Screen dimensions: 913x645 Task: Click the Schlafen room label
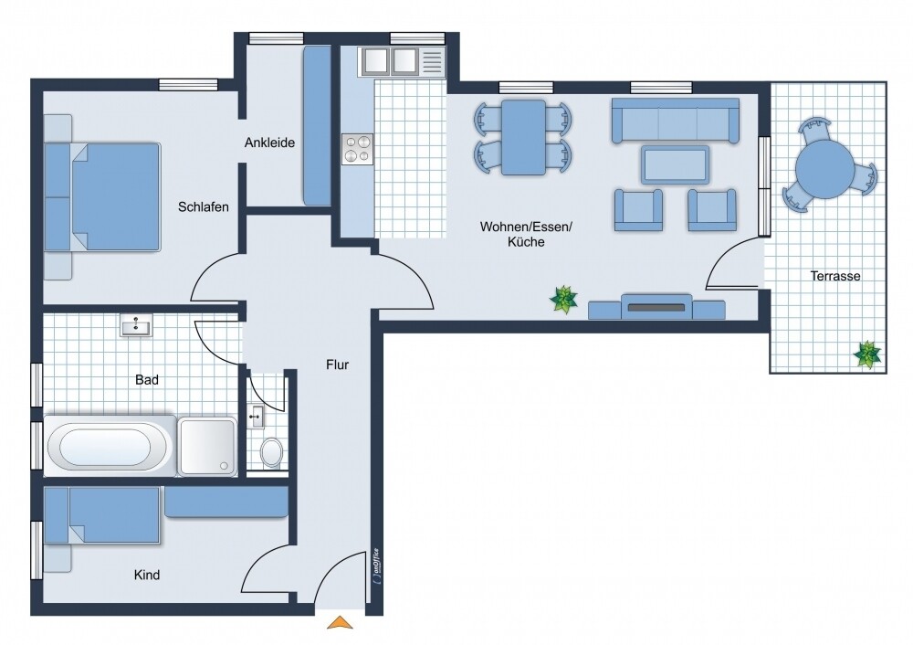[204, 206]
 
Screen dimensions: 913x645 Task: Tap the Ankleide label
[269, 143]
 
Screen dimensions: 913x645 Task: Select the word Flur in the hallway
[337, 365]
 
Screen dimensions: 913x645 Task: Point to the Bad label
[147, 380]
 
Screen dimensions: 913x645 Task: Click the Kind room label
[147, 575]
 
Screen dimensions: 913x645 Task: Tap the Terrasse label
[835, 276]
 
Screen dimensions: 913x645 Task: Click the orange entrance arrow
[340, 622]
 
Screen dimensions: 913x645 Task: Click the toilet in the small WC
[271, 452]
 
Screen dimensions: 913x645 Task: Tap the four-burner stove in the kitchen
[358, 149]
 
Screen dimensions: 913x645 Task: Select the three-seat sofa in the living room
[675, 121]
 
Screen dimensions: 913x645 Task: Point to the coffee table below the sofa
[676, 164]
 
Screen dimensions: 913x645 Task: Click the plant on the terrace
[867, 354]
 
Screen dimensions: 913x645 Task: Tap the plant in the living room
[563, 300]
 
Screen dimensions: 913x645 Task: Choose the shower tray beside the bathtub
[207, 447]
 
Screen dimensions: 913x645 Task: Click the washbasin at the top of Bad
[136, 325]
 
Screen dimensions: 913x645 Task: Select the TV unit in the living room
[656, 307]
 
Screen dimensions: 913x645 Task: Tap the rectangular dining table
[523, 138]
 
